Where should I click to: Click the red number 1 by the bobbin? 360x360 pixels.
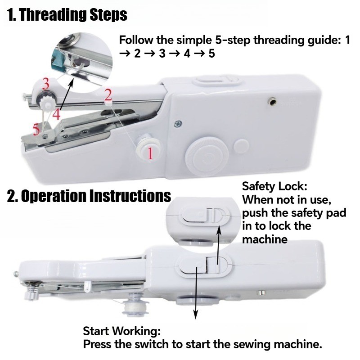pos(150,153)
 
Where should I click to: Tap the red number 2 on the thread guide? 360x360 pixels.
pos(108,95)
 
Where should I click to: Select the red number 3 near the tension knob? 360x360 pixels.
pos(46,84)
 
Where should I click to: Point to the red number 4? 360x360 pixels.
pos(57,114)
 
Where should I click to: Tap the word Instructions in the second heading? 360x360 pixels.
pos(130,196)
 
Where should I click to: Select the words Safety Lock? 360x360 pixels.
pos(274,186)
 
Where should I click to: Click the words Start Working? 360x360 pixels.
pos(121,331)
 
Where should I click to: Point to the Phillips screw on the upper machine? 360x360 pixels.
pos(178,124)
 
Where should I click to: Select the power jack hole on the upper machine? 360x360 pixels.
pos(273,101)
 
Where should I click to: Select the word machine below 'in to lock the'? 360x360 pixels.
pos(265,240)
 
